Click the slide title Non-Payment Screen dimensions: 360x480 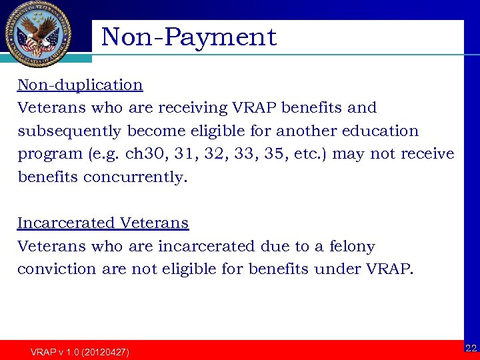point(189,37)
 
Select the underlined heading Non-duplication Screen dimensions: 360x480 point(80,85)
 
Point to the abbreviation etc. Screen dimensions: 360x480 point(309,154)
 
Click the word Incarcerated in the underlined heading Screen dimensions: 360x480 point(65,223)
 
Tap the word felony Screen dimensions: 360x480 point(353,247)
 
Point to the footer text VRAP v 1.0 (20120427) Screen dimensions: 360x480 point(80,351)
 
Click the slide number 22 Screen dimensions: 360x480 point(471,348)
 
